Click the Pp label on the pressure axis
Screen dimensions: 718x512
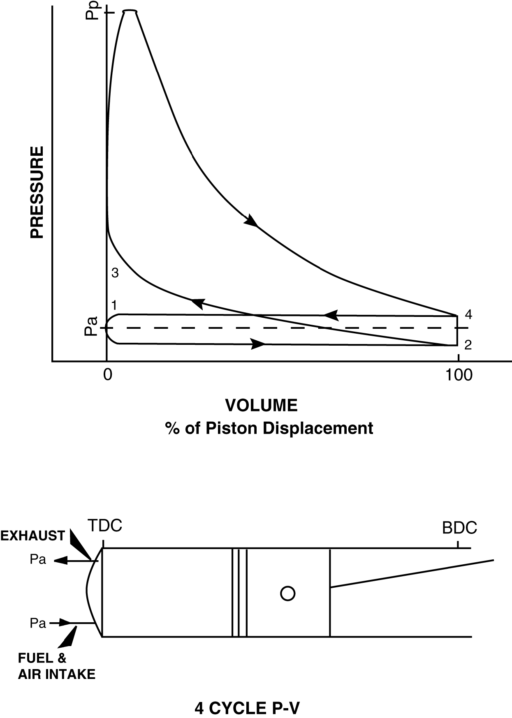(x=95, y=12)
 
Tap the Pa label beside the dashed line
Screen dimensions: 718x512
(x=91, y=326)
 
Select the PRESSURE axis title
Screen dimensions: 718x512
(x=37, y=192)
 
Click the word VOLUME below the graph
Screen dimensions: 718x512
(x=261, y=406)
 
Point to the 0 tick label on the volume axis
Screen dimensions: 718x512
(x=107, y=375)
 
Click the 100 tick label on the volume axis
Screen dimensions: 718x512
(x=459, y=375)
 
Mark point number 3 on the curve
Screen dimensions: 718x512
(x=115, y=272)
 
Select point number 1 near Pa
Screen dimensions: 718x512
(x=114, y=305)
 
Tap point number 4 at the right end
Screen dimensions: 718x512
(x=468, y=315)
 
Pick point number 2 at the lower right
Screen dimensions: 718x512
(x=468, y=345)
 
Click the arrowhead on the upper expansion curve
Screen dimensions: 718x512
(x=251, y=221)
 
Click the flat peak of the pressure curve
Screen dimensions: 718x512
(x=130, y=11)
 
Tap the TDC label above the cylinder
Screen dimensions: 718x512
(x=105, y=526)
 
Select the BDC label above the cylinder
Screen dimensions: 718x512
(x=459, y=528)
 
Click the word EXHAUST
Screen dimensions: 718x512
(x=32, y=536)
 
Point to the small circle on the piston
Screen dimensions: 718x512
(x=287, y=593)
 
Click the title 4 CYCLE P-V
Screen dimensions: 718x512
(x=247, y=708)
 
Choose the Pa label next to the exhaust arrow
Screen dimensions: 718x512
(x=38, y=560)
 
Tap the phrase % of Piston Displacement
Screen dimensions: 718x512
(x=269, y=428)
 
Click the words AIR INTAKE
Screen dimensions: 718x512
(x=57, y=674)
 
